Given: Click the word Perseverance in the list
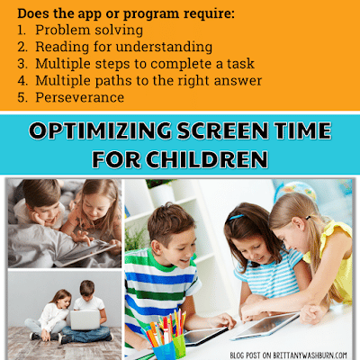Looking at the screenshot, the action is point(80,97).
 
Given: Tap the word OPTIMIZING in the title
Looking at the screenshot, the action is point(100,130).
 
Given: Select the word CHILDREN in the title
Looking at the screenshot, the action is point(207,159).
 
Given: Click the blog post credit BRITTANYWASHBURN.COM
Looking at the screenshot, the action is point(310,355).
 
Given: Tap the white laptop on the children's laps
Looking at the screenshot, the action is point(85,319).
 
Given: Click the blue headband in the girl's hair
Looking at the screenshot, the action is point(236,217).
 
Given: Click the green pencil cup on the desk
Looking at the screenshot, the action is point(179,346).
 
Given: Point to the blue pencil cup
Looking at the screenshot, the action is point(164,350).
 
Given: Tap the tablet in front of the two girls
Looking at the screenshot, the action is point(265,326).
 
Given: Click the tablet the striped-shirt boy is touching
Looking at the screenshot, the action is point(205,336).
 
